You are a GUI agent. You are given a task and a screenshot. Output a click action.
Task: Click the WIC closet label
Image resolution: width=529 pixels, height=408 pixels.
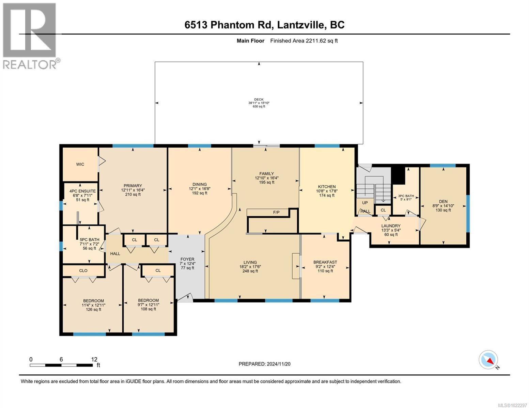80,164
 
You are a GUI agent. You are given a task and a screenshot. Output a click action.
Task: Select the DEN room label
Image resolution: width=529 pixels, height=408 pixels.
443,201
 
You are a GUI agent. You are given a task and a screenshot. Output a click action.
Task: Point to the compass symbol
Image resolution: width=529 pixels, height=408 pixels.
488,360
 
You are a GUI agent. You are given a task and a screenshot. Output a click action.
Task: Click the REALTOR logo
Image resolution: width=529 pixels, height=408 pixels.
30,36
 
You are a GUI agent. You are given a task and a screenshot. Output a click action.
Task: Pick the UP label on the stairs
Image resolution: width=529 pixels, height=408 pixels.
365,203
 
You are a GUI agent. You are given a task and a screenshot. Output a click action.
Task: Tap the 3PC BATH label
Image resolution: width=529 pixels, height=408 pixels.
406,196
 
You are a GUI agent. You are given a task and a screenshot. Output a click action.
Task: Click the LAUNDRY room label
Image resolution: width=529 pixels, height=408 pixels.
391,226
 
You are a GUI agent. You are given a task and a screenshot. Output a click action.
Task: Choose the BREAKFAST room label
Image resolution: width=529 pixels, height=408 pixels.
325,262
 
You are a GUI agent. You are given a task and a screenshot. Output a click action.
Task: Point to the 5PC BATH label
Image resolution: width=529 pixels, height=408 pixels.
90,240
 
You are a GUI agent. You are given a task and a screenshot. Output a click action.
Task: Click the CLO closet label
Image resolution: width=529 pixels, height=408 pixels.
83,271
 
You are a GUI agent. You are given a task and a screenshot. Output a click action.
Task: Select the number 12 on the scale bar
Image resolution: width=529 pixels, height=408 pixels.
94,359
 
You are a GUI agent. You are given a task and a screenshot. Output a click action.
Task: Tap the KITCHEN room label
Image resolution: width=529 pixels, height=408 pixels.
327,187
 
